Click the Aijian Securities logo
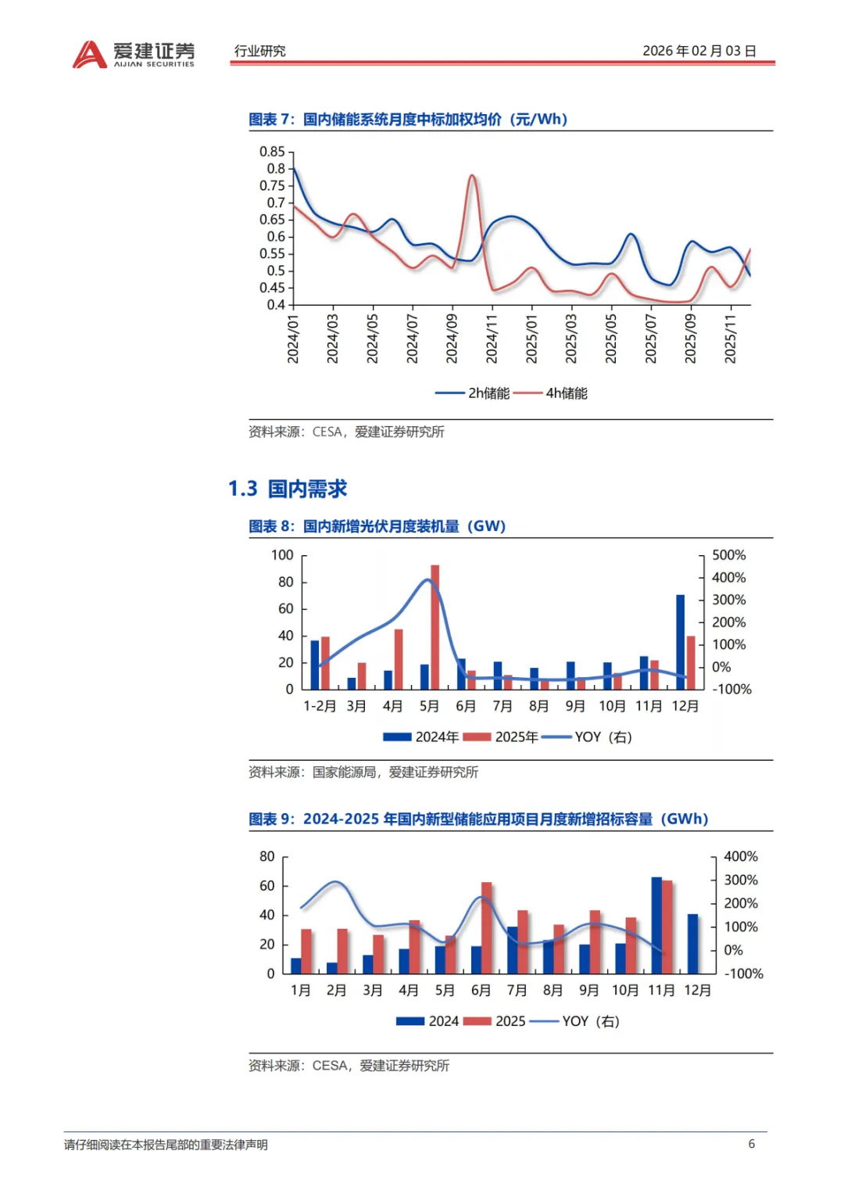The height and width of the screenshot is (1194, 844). pos(134,54)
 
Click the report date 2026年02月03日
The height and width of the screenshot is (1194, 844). pos(699,51)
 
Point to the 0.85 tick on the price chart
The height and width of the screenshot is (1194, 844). pos(273,152)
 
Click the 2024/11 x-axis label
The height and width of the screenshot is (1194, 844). pos(492,339)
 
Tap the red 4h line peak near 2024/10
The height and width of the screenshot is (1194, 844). pos(472,177)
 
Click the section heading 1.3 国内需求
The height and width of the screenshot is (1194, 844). pos(288,489)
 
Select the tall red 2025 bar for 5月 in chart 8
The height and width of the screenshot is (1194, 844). pos(435,626)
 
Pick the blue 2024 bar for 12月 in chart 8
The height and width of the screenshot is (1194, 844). pos(680,642)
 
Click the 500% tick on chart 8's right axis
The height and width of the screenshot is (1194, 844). pos(728,555)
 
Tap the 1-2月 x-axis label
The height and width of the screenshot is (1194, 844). pos(320,706)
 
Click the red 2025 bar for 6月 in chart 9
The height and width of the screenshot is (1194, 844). pos(487,927)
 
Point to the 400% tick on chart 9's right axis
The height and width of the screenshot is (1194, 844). pos(740,857)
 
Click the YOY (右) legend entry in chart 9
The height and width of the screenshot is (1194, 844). pos(590,1021)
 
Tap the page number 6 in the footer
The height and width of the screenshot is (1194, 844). pos(751,1144)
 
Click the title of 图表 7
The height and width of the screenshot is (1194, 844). pos(408,120)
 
